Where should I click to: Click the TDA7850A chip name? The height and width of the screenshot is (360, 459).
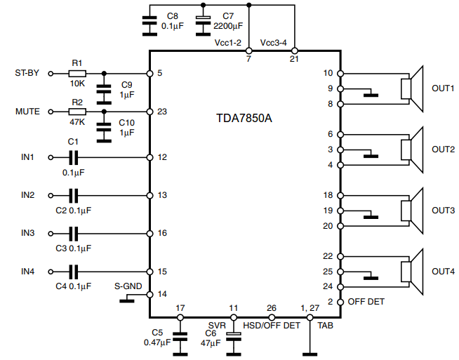[244, 117]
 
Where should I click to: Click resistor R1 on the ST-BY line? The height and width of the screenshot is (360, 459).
[77, 73]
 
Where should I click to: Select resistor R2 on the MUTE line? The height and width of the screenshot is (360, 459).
[77, 112]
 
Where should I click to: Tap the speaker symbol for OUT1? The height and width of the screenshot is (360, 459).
[412, 88]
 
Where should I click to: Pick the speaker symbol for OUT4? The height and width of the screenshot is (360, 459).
[412, 271]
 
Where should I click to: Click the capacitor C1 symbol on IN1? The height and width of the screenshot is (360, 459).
[74, 157]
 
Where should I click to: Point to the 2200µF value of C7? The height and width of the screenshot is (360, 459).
[229, 25]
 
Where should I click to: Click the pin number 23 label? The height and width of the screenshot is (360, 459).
[163, 112]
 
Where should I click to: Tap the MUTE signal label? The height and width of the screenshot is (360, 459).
[27, 112]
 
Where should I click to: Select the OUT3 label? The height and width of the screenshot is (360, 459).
[443, 210]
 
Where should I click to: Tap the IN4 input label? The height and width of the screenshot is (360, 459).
[28, 271]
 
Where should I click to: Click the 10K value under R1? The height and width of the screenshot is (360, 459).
[77, 84]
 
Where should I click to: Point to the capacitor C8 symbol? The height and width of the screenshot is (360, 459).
[148, 23]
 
